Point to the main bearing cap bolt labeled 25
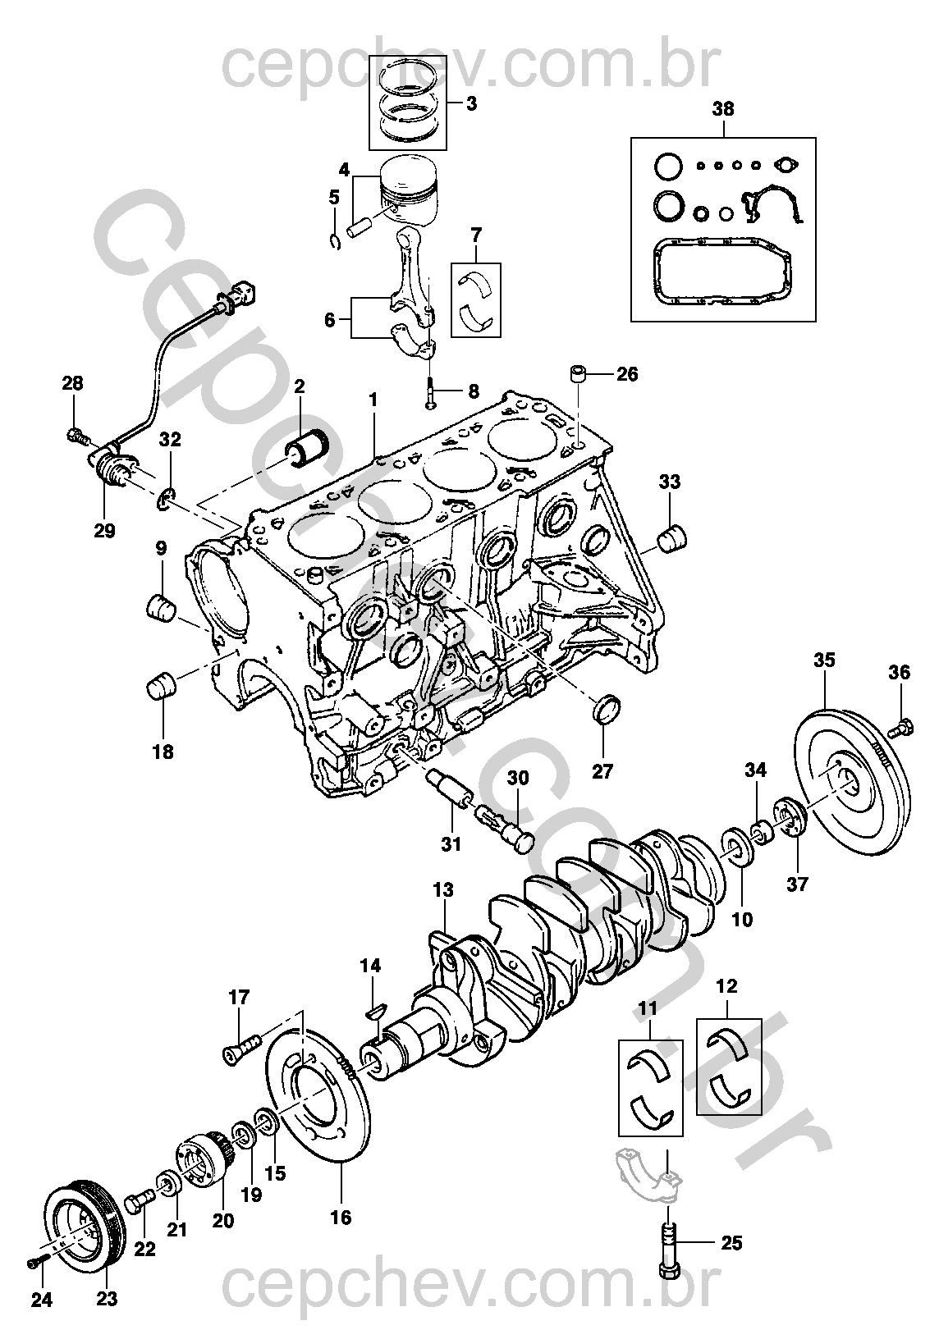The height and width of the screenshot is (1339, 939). pyautogui.click(x=669, y=1244)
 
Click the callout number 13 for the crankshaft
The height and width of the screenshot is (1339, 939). pyautogui.click(x=443, y=889)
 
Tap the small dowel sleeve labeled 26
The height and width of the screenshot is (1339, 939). pyautogui.click(x=579, y=377)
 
